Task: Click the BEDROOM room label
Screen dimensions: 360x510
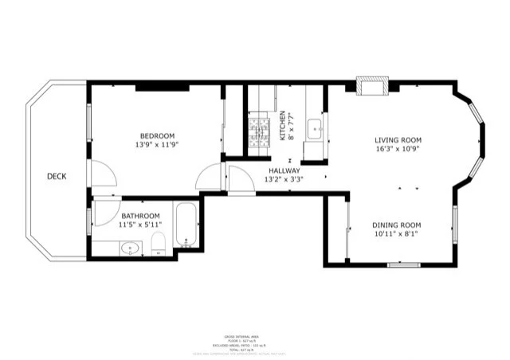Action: (157, 135)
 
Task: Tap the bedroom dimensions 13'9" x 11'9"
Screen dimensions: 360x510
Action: (157, 146)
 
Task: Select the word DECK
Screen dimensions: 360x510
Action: (56, 177)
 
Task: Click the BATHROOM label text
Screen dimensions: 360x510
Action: (140, 216)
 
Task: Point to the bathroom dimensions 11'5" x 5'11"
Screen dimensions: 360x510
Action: (140, 225)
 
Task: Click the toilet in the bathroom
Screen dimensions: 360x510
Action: (157, 244)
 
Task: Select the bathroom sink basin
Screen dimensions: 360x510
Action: (131, 248)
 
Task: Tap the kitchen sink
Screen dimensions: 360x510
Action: (315, 127)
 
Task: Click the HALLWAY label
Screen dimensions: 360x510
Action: (284, 170)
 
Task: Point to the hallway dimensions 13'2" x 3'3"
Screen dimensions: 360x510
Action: (284, 179)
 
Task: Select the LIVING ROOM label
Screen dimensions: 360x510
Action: (398, 139)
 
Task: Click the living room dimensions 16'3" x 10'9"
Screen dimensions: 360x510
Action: (398, 149)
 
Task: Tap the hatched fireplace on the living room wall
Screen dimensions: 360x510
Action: (372, 85)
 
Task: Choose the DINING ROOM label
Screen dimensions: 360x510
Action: (396, 225)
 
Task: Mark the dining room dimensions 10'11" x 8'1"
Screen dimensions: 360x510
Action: (396, 235)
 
